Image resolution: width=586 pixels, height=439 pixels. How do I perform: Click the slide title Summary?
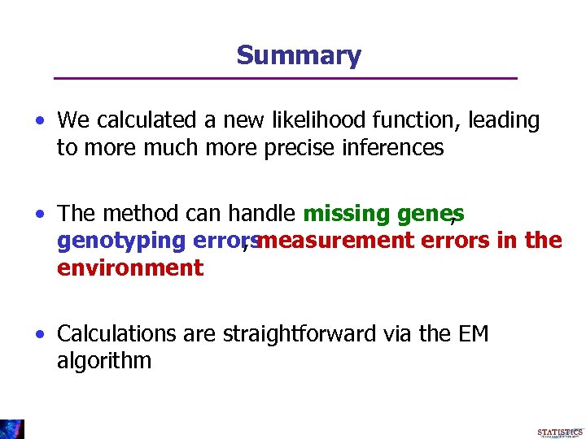point(298,55)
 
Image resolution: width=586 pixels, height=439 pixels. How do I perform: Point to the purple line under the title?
point(285,78)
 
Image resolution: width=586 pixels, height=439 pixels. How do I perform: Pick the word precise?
point(295,147)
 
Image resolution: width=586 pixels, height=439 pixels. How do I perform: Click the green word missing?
point(346,214)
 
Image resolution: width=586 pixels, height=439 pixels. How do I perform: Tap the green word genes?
point(431,214)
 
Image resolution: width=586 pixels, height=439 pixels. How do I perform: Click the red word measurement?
point(335,241)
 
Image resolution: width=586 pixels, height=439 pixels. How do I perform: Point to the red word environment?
point(130,267)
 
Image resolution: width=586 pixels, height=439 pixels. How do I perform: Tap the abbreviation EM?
point(470,334)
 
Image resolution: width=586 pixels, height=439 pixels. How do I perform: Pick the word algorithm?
point(104,361)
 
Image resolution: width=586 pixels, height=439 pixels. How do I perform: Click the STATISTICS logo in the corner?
point(560,432)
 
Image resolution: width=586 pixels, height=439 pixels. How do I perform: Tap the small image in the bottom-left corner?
point(12,428)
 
